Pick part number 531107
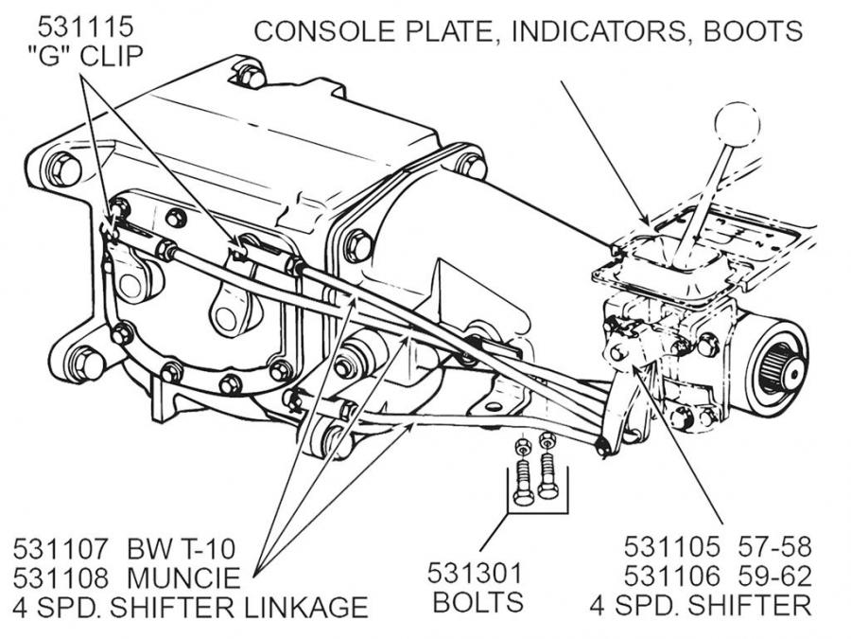click(x=62, y=549)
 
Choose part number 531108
click(x=62, y=577)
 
